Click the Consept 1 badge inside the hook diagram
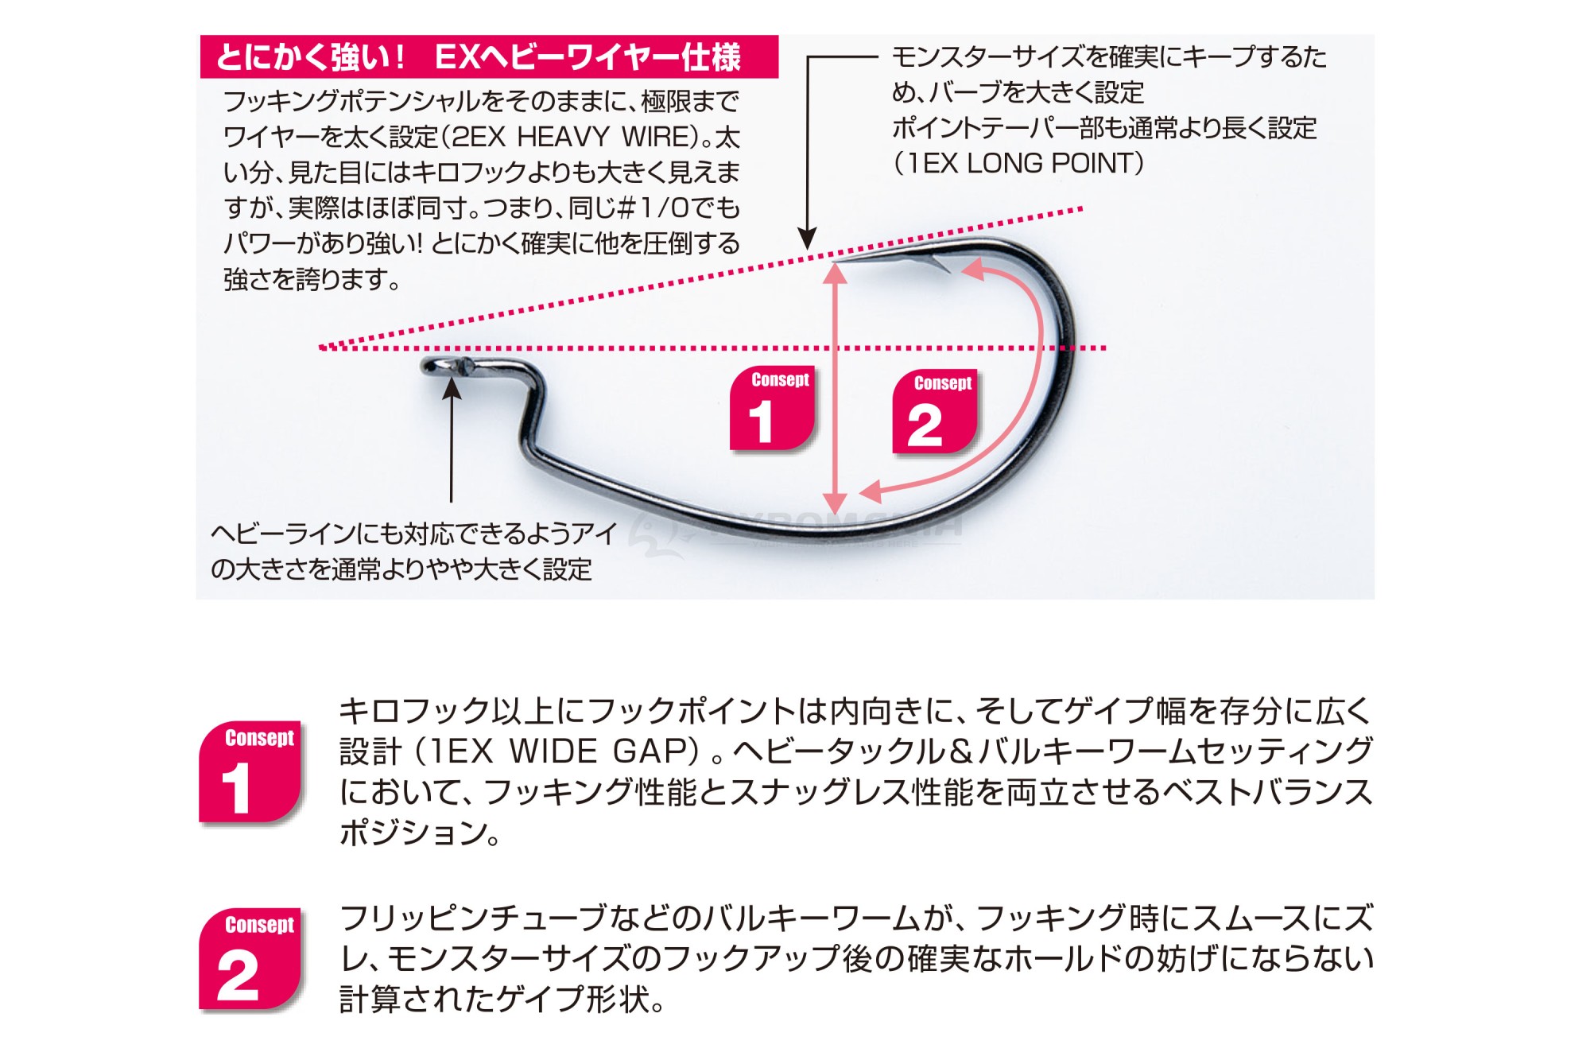pyautogui.click(x=772, y=410)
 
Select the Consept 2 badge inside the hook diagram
pyautogui.click(x=934, y=412)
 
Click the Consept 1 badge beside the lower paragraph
pyautogui.click(x=250, y=772)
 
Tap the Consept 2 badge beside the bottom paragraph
pyautogui.click(x=250, y=959)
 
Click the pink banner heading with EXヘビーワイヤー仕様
pyautogui.click(x=489, y=56)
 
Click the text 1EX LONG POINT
pyautogui.click(x=1019, y=163)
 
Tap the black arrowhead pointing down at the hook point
pyautogui.click(x=807, y=239)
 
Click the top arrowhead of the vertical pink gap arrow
pyautogui.click(x=835, y=273)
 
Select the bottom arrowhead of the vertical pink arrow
pyautogui.click(x=835, y=503)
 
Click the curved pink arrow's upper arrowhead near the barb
pyautogui.click(x=971, y=270)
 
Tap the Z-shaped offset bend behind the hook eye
pyautogui.click(x=529, y=414)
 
